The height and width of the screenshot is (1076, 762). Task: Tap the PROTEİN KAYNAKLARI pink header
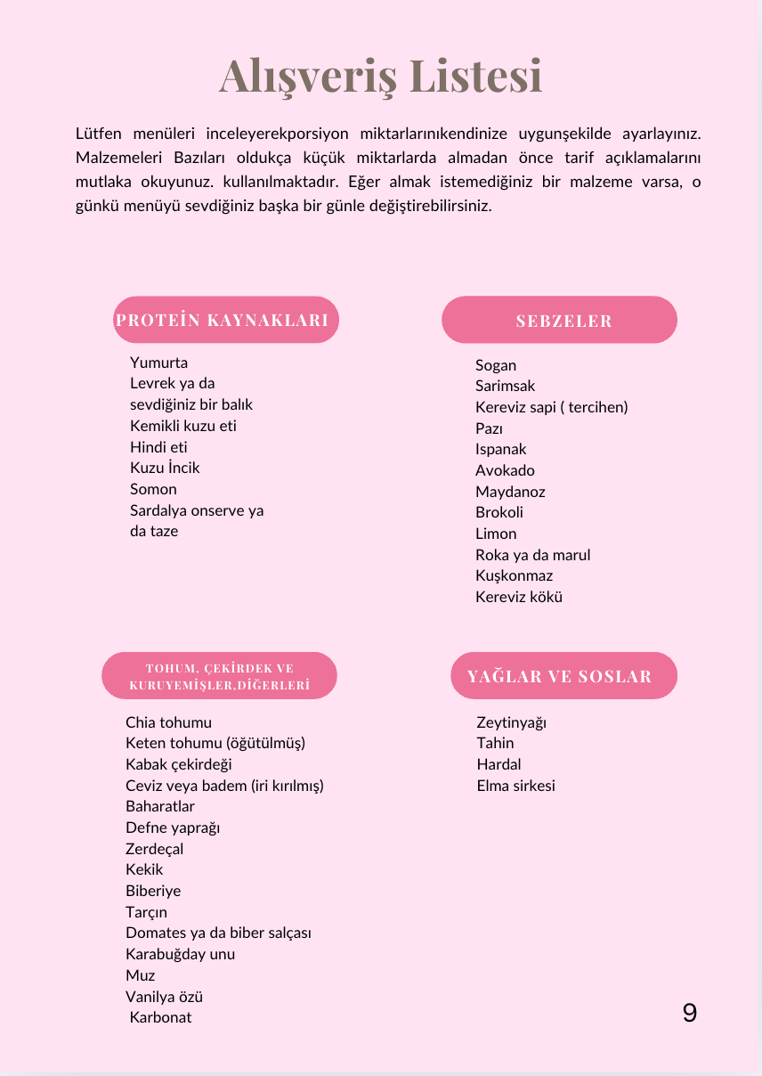225,320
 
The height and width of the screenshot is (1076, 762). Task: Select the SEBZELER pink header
560,321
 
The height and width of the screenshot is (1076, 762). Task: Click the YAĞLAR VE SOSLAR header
560,676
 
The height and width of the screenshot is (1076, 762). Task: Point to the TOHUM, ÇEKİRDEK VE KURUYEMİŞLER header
220,676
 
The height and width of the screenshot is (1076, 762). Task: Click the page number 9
690,1013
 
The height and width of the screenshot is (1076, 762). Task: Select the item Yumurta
158,363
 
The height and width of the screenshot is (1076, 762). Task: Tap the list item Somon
153,489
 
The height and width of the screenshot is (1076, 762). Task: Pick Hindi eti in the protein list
158,447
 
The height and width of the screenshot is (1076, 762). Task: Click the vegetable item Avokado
505,470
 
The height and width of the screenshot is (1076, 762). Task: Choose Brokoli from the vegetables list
499,512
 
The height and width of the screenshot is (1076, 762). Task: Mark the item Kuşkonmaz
514,575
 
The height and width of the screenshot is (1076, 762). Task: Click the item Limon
496,534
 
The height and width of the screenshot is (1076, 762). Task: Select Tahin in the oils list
495,743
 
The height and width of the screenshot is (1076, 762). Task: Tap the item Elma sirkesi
515,786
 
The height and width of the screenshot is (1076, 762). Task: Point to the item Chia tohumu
168,722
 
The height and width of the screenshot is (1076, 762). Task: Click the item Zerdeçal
154,849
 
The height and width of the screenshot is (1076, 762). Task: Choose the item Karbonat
160,1017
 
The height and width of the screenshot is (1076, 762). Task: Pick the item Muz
141,975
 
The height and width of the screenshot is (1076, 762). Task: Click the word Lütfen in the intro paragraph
98,134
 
